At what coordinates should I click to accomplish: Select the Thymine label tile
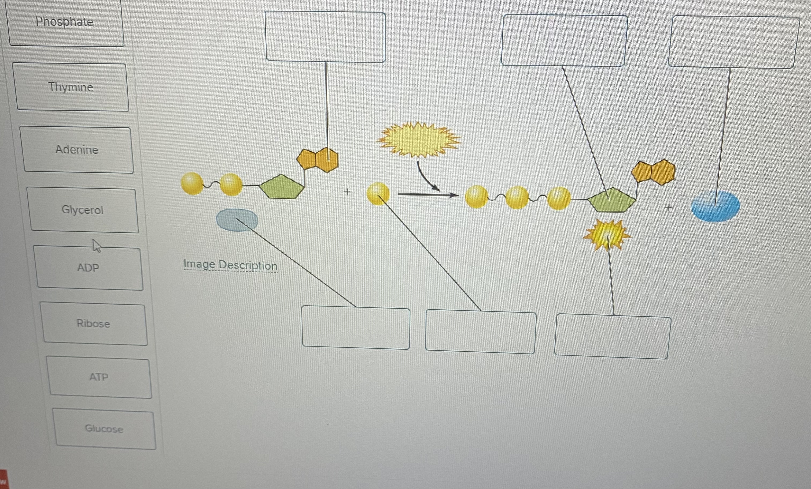[71, 87]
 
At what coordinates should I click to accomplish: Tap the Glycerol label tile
[83, 210]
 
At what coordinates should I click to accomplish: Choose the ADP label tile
[89, 268]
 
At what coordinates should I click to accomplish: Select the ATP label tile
[99, 377]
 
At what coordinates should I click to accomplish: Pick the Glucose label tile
[104, 429]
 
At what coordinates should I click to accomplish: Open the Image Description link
[230, 265]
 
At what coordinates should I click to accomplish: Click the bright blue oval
[716, 206]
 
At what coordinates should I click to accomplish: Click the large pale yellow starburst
[418, 139]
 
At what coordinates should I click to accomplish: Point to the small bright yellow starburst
[607, 235]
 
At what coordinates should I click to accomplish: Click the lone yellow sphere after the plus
[378, 194]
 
